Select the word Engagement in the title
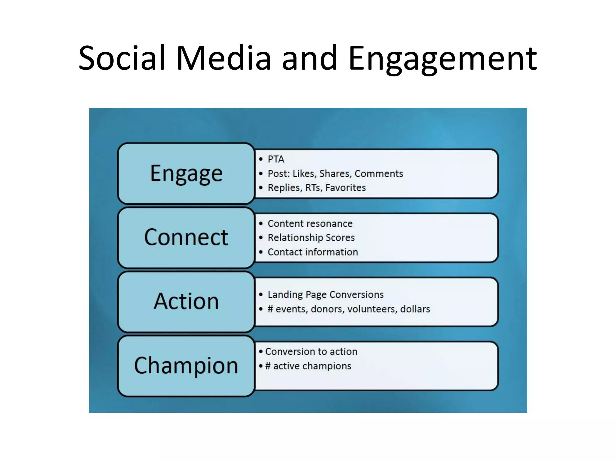(x=442, y=59)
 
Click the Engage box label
(x=186, y=174)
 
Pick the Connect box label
(x=186, y=237)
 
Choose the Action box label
(x=186, y=301)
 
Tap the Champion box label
(x=186, y=365)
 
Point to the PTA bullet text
(x=276, y=159)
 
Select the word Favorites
(x=345, y=188)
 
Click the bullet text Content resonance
(x=310, y=224)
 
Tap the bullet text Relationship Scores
(x=311, y=238)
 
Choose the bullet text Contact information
(x=313, y=252)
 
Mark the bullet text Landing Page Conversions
(x=325, y=294)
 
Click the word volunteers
(x=372, y=309)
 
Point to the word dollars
(x=415, y=309)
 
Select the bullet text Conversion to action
(x=311, y=352)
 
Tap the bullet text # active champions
(x=308, y=366)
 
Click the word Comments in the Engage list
(x=379, y=174)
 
